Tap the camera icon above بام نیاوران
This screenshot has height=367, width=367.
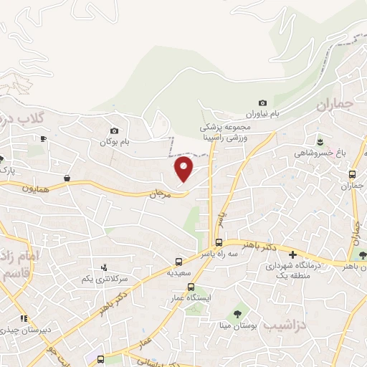(262, 103)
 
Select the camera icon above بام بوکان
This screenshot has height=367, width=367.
(114, 130)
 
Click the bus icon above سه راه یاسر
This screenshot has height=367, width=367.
(219, 242)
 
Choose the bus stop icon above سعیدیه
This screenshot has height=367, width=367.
(179, 262)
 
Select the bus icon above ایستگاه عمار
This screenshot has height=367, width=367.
(190, 287)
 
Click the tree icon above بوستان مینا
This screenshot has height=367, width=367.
(237, 314)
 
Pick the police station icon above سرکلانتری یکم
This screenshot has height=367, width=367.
(105, 267)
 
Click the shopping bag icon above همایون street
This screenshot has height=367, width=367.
(67, 178)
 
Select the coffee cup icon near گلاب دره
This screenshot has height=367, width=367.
(43, 138)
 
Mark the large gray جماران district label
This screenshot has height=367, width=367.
(335, 105)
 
